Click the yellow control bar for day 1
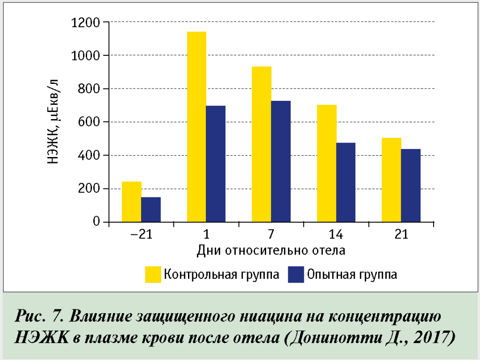point(196,127)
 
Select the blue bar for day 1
point(216,164)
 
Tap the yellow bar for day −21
point(131,202)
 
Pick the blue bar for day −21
point(151,210)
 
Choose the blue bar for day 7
point(281,161)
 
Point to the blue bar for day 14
point(346,182)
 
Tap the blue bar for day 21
point(411,185)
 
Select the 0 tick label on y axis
point(96,222)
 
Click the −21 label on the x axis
point(141,234)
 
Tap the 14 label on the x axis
point(336,234)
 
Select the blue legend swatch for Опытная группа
point(296,274)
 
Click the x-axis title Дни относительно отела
point(271,250)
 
